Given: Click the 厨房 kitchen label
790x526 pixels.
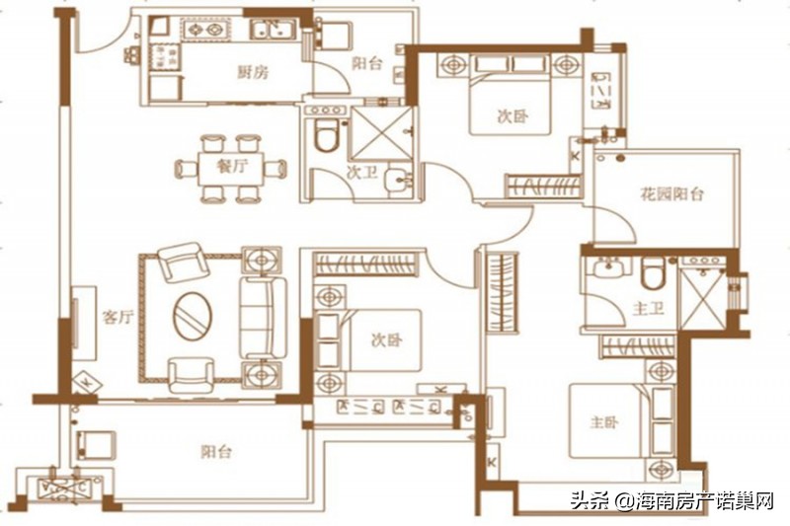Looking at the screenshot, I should click(254, 71).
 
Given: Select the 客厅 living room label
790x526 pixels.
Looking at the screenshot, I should click(117, 318).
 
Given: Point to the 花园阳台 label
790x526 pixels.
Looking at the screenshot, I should click(671, 194).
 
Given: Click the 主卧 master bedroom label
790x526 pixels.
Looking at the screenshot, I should click(604, 422).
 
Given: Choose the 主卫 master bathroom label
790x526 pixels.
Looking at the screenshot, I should click(648, 309).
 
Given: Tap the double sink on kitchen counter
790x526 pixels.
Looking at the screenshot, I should click(271, 32).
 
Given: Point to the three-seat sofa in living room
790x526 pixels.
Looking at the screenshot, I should click(263, 317).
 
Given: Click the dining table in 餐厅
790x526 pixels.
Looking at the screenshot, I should click(231, 167).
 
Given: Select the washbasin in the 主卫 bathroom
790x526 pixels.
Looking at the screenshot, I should click(606, 267).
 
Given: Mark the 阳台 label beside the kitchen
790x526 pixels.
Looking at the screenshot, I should click(366, 64).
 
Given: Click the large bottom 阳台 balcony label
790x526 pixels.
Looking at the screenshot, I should click(216, 452).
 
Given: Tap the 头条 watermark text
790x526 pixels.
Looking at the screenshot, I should click(590, 501).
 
